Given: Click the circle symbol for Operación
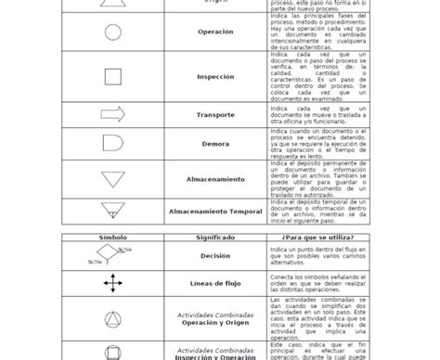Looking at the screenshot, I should [x=111, y=32].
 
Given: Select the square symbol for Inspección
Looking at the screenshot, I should [x=111, y=78].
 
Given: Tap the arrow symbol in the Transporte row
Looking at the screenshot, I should [x=112, y=115].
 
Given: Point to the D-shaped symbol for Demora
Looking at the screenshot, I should [x=112, y=146].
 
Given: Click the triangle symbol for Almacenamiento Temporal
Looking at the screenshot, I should [x=112, y=212].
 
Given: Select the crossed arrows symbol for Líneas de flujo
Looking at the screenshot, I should [x=111, y=283].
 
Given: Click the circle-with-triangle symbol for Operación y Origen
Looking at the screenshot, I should [x=111, y=315].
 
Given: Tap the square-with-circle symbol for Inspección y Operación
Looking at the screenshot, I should [x=111, y=351].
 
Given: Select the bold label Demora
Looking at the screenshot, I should [x=215, y=146].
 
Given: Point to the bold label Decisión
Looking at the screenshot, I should [x=215, y=255].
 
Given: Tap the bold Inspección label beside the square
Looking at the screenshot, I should [x=215, y=78].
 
